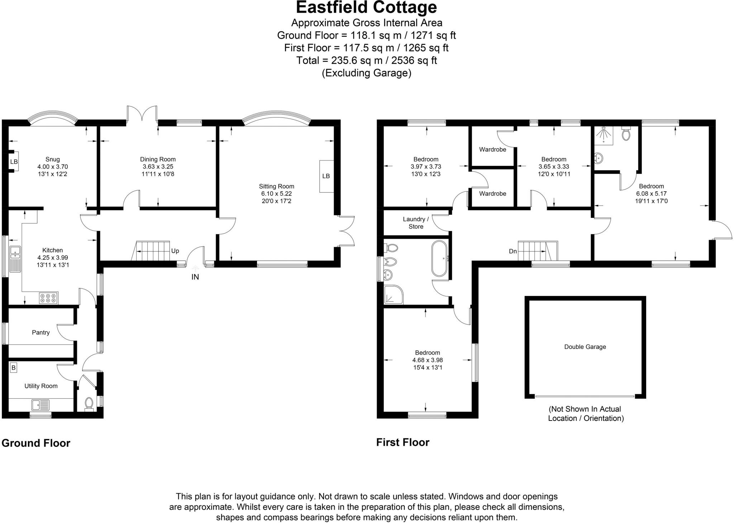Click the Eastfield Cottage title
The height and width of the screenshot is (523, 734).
pos(366,8)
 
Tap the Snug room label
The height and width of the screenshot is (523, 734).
pos(52,159)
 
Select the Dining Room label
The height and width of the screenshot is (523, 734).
pos(158,159)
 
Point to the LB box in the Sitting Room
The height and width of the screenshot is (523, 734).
pos(326,176)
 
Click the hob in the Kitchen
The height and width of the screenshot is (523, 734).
pos(48,298)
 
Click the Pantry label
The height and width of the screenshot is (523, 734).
pos(40,332)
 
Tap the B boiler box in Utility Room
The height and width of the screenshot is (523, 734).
pos(14,368)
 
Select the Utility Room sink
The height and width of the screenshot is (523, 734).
pos(40,405)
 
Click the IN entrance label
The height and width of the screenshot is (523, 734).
pos(195,277)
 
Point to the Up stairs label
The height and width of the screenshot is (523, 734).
pos(175,251)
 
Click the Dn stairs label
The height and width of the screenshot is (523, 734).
pos(513,251)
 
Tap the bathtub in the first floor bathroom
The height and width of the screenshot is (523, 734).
pos(439,259)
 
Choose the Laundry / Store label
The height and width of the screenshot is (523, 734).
pos(416,223)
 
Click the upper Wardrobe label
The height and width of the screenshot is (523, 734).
pos(492,149)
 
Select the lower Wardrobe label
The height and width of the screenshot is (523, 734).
pos(492,194)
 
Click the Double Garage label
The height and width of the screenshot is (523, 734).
pos(585,347)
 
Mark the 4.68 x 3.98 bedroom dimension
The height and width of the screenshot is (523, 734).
pos(427,360)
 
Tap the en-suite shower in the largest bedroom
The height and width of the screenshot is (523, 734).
pos(604,135)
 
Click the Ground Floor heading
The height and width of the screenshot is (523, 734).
pos(36,443)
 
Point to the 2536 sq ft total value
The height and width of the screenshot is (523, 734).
pos(414,60)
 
